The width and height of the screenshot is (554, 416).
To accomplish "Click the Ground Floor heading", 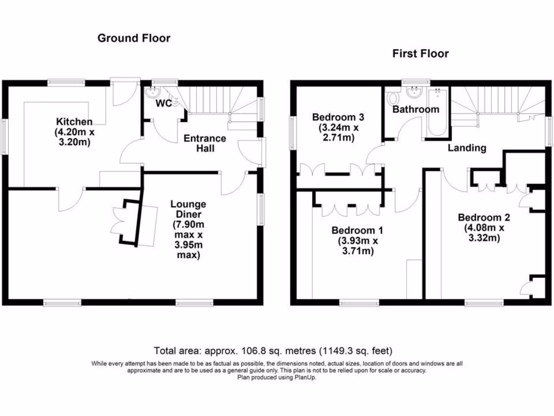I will pyautogui.click(x=134, y=38).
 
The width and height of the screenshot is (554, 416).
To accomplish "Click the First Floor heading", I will pyautogui.click(x=420, y=54).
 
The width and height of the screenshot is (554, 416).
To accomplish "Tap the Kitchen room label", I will pyautogui.click(x=74, y=122).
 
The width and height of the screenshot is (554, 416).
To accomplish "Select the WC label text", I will pyautogui.click(x=164, y=103).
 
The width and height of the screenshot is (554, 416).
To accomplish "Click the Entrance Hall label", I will pyautogui.click(x=205, y=143).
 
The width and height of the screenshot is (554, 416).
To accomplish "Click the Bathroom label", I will pyautogui.click(x=415, y=109).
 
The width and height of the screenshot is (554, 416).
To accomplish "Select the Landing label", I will pyautogui.click(x=466, y=148).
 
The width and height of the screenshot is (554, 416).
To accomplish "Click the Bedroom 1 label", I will pyautogui.click(x=354, y=229).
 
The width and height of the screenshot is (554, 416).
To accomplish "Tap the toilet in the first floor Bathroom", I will pyautogui.click(x=393, y=99).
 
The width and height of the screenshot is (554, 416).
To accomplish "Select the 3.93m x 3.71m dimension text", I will pyautogui.click(x=354, y=246).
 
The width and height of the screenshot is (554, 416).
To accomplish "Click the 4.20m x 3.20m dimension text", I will pyautogui.click(x=74, y=138).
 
